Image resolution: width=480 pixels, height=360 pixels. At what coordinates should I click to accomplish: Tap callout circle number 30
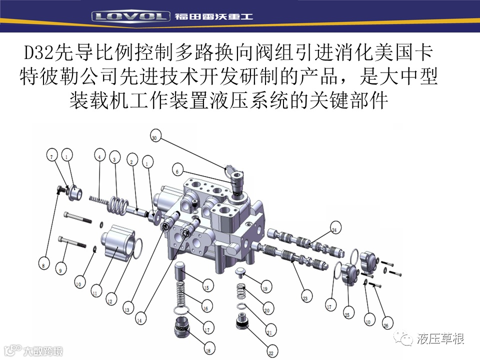pos(154,137)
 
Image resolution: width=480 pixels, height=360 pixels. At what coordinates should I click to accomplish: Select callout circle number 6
pos(176,171)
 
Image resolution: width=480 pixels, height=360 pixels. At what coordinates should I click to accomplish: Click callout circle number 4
pos(99,157)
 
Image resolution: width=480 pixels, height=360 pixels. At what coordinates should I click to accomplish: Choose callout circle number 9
pos(60,270)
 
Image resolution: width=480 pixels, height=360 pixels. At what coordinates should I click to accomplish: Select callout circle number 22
pos(270,353)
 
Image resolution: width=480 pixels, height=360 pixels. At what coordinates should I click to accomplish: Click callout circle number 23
pos(305,298)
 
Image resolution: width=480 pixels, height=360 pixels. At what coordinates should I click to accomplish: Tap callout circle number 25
pos(346,315)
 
